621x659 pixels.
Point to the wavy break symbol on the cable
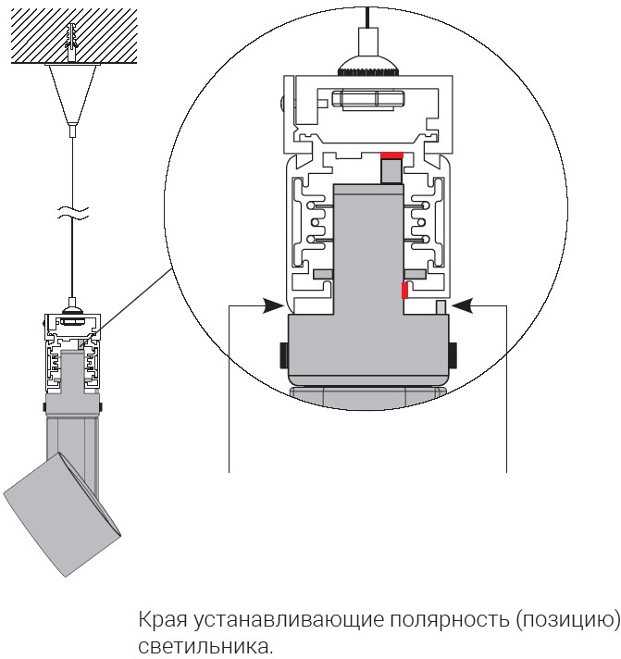(x=71, y=214)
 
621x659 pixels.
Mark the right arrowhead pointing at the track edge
(x=462, y=303)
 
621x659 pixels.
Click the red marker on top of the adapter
(x=391, y=155)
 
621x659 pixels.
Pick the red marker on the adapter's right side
(x=404, y=291)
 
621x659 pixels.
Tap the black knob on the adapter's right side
(x=453, y=354)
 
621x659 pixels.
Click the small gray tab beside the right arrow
(x=441, y=306)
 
